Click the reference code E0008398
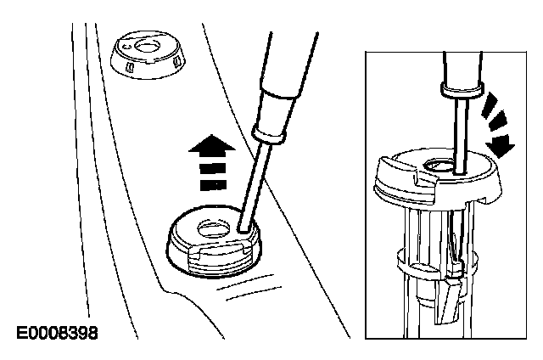(58, 334)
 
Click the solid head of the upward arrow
(212, 143)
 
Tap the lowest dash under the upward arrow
(213, 185)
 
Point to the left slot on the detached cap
(130, 66)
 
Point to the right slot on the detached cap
(176, 61)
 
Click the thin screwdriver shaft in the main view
(255, 183)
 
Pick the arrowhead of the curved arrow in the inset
(501, 145)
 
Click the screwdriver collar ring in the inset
(462, 88)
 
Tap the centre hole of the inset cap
(439, 166)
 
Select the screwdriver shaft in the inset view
(462, 134)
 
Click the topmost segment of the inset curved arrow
(490, 101)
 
